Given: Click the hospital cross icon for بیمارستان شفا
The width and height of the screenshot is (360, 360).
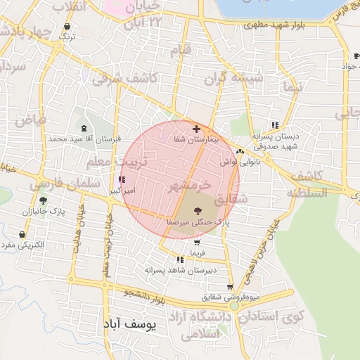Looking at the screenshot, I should [x=196, y=129].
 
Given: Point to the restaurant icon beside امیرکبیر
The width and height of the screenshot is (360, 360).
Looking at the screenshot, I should [x=124, y=180].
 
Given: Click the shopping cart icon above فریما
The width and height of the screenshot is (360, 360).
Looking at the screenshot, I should [x=196, y=242].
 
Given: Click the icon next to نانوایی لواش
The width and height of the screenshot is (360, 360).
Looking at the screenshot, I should [x=240, y=151].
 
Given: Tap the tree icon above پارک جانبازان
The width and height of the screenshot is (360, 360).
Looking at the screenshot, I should [x=43, y=201].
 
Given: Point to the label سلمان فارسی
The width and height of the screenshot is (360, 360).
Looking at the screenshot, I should [x=54, y=184].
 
